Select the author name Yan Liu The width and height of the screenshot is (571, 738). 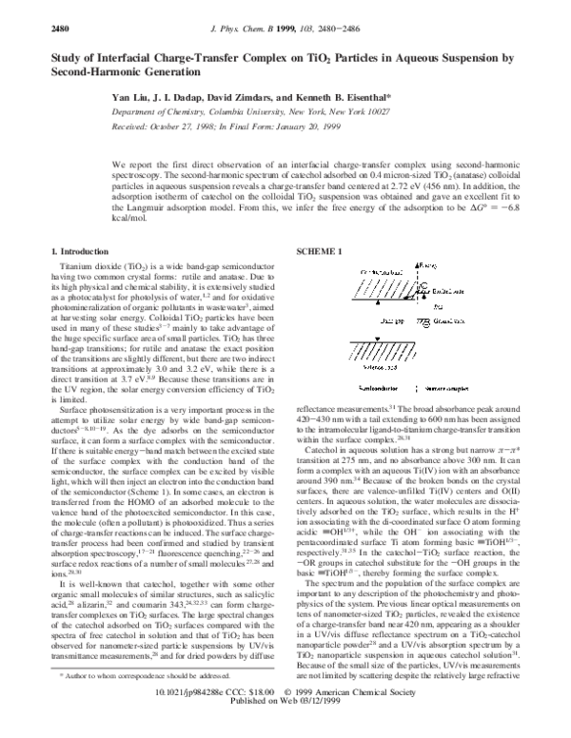click(130, 97)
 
